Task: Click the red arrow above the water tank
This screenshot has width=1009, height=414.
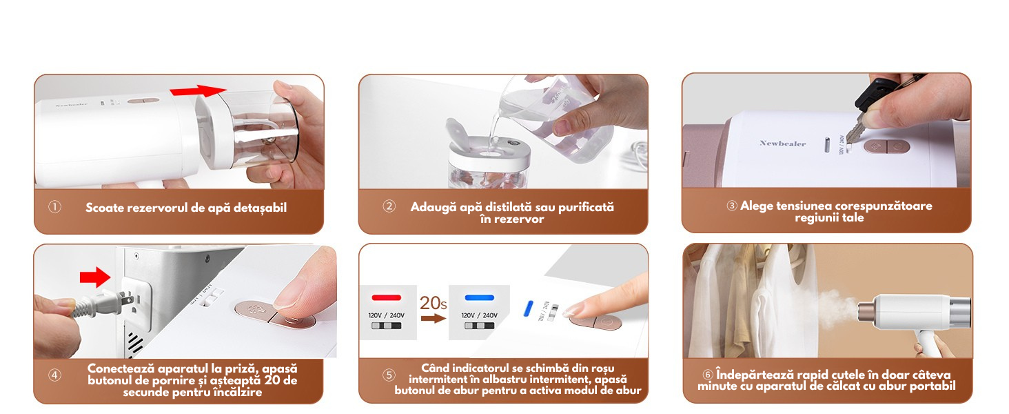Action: tap(198, 90)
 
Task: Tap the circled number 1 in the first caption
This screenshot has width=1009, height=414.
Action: tap(54, 207)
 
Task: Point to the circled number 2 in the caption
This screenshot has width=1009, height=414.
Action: tap(389, 206)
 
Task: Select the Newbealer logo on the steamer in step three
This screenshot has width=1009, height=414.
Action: tap(782, 144)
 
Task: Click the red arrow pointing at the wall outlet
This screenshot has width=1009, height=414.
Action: tap(95, 277)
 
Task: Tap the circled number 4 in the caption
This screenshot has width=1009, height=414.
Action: tap(54, 375)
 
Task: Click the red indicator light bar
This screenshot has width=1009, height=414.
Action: tap(387, 297)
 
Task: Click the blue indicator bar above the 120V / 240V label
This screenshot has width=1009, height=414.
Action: tap(479, 297)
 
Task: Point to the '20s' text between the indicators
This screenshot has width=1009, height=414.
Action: tap(434, 303)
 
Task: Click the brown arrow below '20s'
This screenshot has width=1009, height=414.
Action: tap(434, 319)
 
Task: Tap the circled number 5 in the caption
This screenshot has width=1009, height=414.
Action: tap(389, 375)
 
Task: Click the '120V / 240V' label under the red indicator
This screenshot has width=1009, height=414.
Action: tap(387, 315)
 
